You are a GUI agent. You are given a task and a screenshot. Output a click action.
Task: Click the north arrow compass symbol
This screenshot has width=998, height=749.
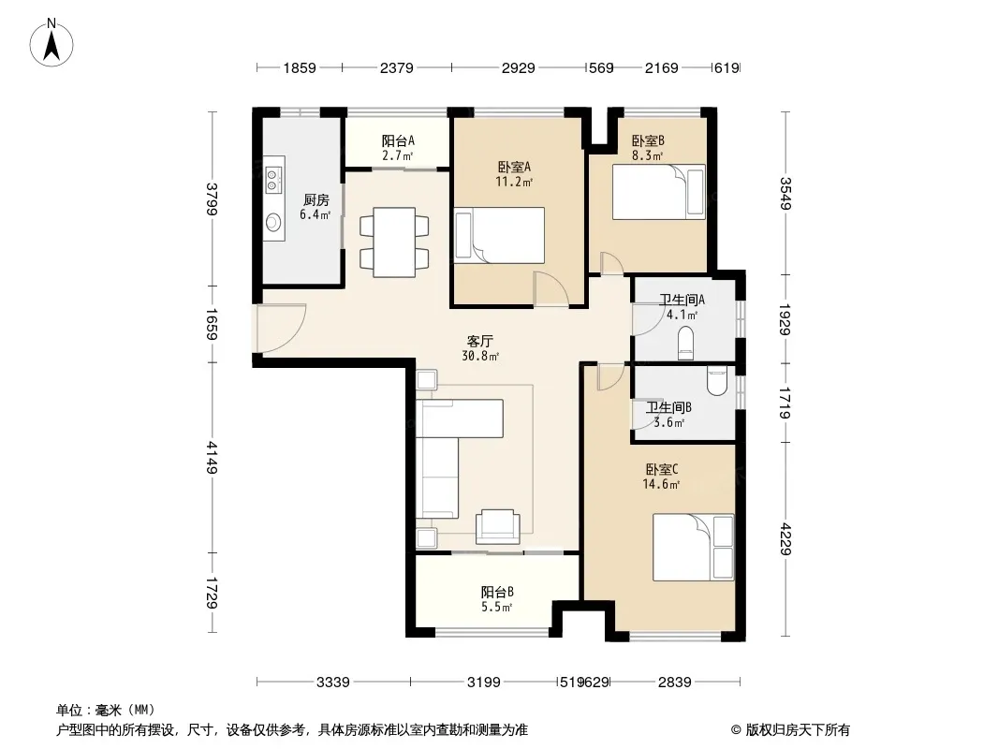51,43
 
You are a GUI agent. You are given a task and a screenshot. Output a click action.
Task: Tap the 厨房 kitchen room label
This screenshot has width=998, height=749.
316,200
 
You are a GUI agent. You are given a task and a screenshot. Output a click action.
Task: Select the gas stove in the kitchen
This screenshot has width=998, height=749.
273,179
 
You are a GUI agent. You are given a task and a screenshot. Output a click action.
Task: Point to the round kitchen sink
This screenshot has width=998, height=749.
273,223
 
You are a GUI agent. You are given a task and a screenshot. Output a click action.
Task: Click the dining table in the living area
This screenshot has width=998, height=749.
394,242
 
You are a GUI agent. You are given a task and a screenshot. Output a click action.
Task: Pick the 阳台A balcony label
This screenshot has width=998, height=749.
398,140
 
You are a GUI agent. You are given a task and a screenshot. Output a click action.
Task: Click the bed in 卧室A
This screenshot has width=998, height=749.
500,235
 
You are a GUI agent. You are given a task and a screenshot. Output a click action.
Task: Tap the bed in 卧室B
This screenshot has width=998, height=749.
659,192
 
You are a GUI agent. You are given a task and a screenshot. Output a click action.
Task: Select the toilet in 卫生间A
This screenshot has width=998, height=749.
685,342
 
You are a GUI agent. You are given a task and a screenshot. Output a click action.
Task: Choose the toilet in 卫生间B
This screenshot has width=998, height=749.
717,381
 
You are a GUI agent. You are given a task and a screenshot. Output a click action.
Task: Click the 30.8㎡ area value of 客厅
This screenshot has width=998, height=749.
480,357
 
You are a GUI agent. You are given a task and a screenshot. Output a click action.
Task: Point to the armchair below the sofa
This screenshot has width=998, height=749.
497,525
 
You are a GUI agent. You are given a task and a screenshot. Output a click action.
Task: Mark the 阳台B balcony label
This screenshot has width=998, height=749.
497,593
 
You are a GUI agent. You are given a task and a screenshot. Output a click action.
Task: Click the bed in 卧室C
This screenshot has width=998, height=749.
694,548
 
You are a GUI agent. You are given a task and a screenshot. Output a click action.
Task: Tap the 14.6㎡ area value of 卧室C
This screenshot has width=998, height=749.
661,484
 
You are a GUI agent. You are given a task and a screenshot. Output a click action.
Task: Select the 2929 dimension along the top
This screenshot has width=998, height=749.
518,67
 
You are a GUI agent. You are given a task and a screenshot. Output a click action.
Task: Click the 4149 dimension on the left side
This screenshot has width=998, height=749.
212,458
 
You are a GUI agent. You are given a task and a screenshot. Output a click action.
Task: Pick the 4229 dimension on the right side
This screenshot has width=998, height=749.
785,538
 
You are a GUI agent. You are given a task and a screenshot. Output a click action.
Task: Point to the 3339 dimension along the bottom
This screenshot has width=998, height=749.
333,683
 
